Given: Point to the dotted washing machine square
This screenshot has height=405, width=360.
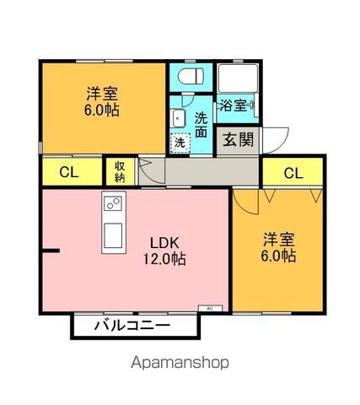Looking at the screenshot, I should coord(180,143).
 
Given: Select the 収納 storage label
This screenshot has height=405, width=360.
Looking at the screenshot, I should coord(119,171).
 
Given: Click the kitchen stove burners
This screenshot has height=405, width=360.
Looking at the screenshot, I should coord(112,203).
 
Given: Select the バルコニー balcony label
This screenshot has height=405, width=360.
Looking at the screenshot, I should coord(131,325).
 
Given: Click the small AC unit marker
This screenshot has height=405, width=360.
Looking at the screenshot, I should coord(209,309).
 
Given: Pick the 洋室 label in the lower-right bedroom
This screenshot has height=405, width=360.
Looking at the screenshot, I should coord(277,238).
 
